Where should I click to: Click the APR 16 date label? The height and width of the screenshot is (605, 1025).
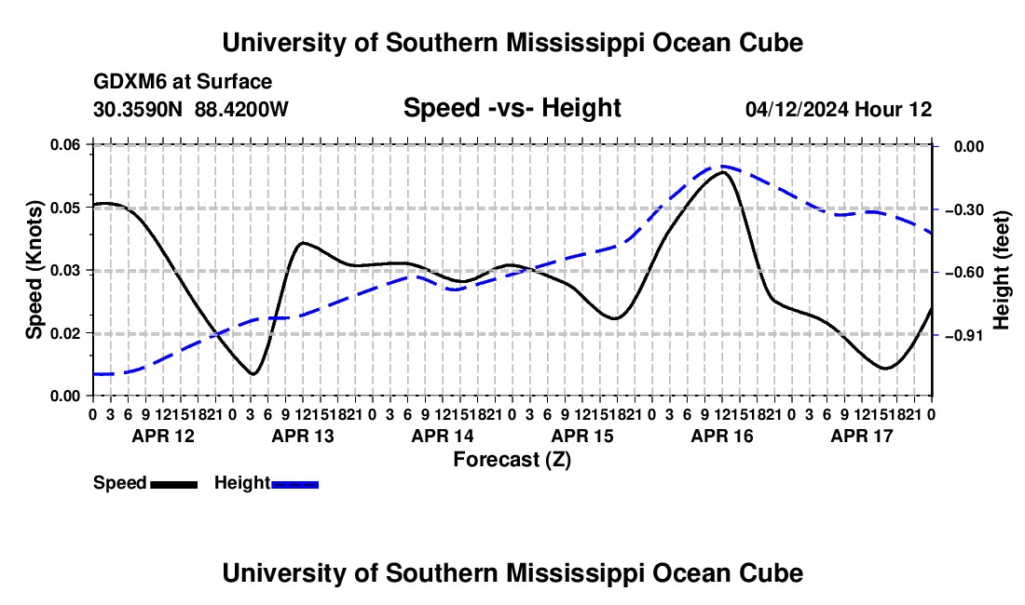(x=721, y=436)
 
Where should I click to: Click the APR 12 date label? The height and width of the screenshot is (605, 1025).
(x=163, y=436)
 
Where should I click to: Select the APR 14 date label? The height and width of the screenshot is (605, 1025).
(x=443, y=436)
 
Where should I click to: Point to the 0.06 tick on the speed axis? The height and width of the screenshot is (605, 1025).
(x=65, y=145)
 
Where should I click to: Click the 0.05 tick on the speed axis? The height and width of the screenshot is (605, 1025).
(x=65, y=208)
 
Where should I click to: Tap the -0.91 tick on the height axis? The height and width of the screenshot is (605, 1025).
(x=963, y=335)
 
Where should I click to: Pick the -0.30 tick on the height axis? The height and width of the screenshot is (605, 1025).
(x=963, y=209)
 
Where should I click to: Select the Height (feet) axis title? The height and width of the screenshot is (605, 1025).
(x=1001, y=270)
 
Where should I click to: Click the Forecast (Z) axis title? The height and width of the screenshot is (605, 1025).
(x=512, y=460)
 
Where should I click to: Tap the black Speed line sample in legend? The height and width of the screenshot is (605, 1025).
(x=174, y=484)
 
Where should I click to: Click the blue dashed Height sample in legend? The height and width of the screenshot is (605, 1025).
(x=294, y=484)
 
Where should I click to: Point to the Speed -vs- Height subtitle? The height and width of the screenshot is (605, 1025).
(x=512, y=108)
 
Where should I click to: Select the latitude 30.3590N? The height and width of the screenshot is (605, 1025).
(x=138, y=109)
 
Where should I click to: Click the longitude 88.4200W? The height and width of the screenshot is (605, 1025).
(x=241, y=109)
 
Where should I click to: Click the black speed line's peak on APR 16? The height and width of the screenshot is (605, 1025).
(x=722, y=171)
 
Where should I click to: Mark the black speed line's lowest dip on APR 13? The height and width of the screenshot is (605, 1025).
(x=253, y=374)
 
